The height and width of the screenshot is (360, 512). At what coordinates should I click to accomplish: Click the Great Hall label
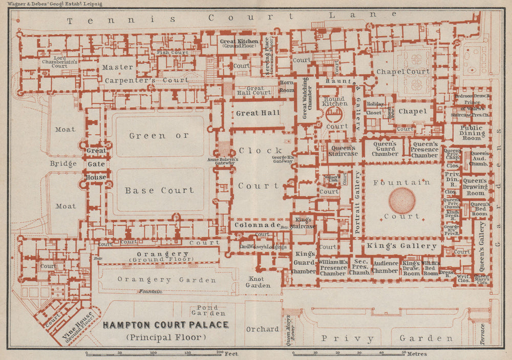pos(258,113)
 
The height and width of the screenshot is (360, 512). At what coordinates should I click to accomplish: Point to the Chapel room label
pos(412,111)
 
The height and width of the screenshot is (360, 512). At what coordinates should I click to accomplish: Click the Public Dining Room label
pos(472,133)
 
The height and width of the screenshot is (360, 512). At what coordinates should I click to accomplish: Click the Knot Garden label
pos(258,282)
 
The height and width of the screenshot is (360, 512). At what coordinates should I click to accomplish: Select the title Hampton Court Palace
pos(166,325)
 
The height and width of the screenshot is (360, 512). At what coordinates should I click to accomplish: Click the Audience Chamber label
pos(386,267)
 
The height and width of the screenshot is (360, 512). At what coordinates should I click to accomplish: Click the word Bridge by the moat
pos(63,164)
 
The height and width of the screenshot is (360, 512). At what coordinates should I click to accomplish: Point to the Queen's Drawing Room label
pos(475,187)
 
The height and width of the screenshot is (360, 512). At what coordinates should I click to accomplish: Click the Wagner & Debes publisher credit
pos(51,4)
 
